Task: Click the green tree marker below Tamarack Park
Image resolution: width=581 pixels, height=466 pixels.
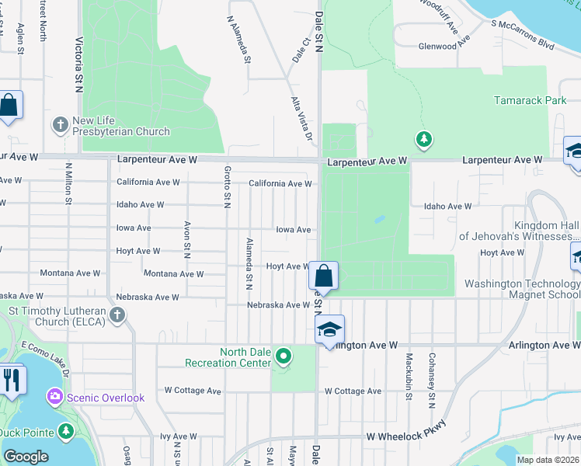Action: click(x=423, y=141)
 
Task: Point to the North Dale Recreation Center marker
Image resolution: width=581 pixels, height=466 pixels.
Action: click(x=284, y=356)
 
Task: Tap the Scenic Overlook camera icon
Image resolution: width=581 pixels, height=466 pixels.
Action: click(x=54, y=397)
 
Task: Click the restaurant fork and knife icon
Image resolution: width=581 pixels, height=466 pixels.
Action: click(x=12, y=380)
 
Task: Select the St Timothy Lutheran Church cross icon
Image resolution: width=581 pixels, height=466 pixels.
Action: click(x=117, y=315)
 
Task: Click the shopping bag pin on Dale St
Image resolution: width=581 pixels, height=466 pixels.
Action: click(x=323, y=276)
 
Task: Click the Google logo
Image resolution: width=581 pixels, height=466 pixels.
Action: click(x=26, y=457)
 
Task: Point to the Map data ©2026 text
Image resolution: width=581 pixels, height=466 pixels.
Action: click(x=548, y=460)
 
